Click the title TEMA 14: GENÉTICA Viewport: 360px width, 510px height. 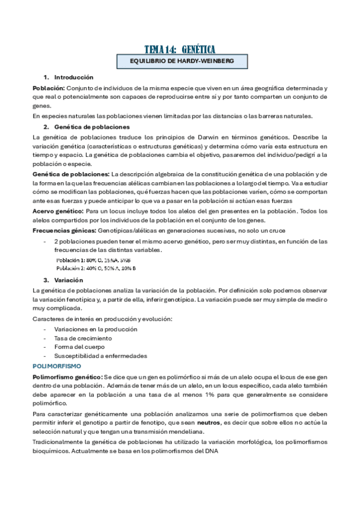coord(180,49)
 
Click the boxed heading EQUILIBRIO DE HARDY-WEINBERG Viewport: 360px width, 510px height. coord(180,61)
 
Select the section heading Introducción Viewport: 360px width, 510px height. coord(73,78)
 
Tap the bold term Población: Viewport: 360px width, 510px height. coord(49,88)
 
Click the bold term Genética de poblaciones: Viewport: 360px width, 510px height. coord(67,174)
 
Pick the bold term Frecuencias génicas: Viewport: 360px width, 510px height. coord(63,230)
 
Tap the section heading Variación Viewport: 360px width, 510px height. coord(64,280)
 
